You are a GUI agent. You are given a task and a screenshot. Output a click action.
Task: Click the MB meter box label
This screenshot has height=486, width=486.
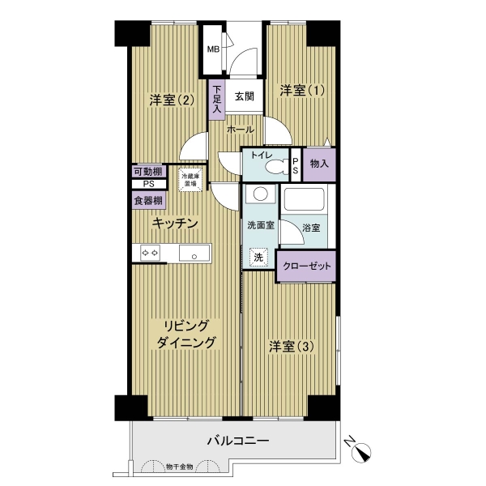213,49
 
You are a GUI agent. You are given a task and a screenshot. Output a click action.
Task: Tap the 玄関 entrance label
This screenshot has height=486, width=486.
245,96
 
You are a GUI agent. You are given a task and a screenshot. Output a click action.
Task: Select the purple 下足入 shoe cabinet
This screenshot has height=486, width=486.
216,100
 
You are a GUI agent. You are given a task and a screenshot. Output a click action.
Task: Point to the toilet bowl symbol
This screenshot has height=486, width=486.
276,168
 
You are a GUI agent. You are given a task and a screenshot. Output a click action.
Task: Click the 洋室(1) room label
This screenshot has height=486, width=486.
302,91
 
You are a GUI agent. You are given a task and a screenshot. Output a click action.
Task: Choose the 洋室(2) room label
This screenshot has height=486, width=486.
172,100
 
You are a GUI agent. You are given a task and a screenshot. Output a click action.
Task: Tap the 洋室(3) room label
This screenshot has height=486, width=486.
292,347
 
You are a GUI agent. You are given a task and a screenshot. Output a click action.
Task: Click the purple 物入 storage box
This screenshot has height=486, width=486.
319,164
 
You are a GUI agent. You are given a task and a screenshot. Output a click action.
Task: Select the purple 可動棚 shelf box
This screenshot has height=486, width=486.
149,171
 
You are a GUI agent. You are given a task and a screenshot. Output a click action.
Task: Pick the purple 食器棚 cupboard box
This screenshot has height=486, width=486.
148,200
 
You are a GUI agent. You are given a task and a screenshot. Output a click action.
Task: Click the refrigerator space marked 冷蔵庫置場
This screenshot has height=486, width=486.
190,180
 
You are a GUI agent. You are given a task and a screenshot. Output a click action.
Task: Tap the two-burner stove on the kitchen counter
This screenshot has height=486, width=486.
151,253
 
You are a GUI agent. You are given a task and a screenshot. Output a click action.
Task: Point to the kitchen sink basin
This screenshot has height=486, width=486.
194,253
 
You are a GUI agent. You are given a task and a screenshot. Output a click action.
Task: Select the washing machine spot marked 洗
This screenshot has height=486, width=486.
258,257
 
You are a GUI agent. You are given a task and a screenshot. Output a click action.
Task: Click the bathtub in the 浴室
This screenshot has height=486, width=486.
305,199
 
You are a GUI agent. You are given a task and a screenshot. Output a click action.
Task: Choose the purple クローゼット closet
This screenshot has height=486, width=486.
306,266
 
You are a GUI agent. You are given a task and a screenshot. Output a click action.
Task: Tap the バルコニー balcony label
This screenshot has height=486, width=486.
237,441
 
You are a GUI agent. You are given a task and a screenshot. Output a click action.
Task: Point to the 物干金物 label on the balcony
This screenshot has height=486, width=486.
180,467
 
